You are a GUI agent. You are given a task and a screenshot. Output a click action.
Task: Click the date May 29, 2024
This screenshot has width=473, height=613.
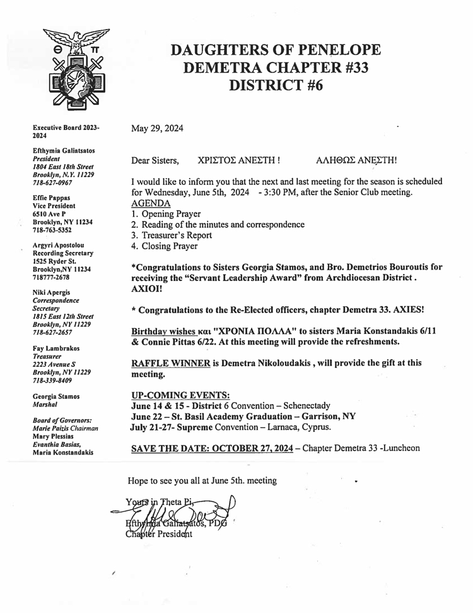point(157,129)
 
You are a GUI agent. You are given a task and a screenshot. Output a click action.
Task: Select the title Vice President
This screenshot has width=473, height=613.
point(54,206)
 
